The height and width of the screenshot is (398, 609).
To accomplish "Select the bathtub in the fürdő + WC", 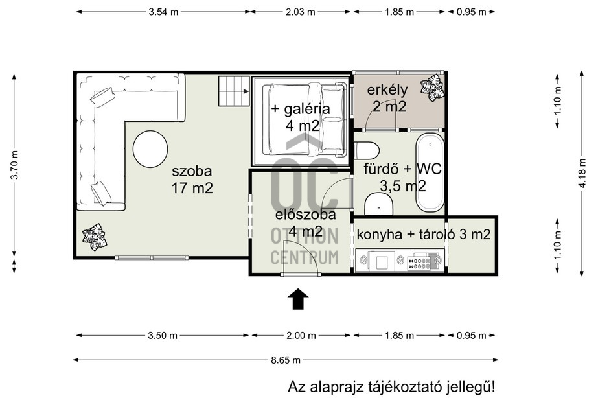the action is pos(430,172).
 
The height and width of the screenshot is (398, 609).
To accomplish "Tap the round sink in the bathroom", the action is pos(379,204).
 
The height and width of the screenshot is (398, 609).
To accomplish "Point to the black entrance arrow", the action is pos(298,299).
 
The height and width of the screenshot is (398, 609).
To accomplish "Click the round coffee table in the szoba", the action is pos(150,149).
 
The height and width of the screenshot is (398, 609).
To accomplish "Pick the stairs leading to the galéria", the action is pos(234,91).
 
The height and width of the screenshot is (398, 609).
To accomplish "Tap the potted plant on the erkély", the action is pos(432,88).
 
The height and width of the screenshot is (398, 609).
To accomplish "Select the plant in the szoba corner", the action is pos(94,237).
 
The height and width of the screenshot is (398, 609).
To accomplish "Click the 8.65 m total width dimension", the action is pos(286,360).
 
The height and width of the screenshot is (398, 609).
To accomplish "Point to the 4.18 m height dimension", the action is pos(582,173).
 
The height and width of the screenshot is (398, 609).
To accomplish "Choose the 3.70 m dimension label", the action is pos(14,165).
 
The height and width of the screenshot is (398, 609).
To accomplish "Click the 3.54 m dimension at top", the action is pos(163,12).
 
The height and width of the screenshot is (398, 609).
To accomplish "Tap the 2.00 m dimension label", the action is pos(301,335).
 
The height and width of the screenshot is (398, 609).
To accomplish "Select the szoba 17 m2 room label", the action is pos(192,180).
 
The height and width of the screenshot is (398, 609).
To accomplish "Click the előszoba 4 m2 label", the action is pos(306,223).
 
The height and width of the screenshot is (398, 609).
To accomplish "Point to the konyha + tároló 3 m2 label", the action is pos(423,235).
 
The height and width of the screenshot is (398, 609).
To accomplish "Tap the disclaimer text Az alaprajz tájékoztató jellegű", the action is pos(391,387).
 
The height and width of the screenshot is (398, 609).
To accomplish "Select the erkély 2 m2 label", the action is pos(387,98).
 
